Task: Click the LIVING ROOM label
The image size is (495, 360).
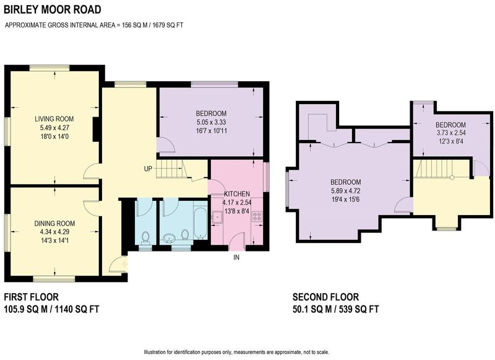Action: [54, 119]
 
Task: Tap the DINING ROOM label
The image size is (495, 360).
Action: [54, 224]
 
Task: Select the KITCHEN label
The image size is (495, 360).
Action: [237, 194]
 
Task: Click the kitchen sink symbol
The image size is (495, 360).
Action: [217, 217]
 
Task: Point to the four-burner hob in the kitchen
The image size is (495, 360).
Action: [257, 217]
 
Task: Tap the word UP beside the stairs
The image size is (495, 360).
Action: [148, 169]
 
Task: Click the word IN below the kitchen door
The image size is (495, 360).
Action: [236, 257]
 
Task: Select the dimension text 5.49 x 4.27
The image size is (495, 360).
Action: [54, 128]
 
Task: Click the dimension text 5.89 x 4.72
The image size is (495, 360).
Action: [345, 191]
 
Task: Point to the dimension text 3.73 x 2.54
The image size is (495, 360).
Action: [450, 133]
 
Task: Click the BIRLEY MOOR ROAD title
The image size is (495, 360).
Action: [53, 9]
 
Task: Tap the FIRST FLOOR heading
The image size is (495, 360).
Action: [32, 297]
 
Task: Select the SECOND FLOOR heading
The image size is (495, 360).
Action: [326, 297]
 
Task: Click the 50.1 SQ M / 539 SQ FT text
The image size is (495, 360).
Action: [336, 309]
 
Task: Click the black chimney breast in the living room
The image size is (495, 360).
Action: [96, 130]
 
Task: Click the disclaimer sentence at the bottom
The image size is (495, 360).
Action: [236, 352]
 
